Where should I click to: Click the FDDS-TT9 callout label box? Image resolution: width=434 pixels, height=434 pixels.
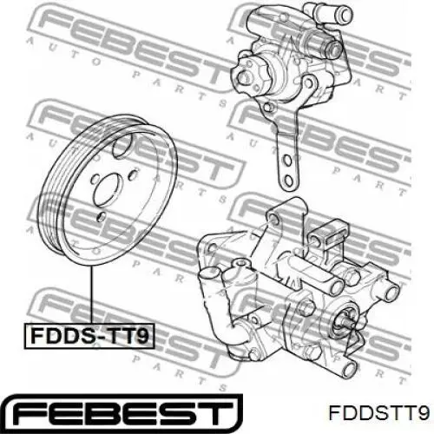point(89,336)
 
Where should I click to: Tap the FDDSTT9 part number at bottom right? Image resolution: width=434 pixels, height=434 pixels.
point(378,411)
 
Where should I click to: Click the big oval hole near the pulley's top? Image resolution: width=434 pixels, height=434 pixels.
point(122,146)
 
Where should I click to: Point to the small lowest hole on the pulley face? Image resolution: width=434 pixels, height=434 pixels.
point(102,216)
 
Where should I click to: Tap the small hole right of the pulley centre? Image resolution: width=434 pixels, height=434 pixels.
point(133,174)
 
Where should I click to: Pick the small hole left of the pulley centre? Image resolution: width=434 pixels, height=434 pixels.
point(93,179)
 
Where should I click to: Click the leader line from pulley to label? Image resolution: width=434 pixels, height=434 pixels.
point(92,295)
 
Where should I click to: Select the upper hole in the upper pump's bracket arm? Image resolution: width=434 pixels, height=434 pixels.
point(287,160)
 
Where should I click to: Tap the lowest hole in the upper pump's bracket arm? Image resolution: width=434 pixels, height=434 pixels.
point(288,181)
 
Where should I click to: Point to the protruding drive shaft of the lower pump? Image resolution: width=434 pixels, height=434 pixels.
point(345,320)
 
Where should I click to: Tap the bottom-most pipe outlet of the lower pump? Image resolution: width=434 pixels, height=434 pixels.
point(349,369)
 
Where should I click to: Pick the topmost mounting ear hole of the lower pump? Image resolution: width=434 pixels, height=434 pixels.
point(273,218)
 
